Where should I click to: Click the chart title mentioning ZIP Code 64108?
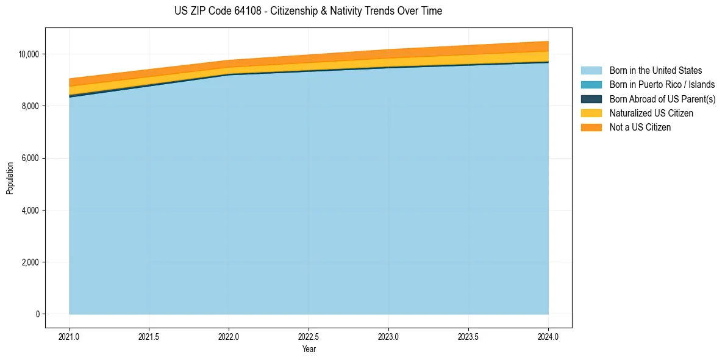click(x=307, y=11)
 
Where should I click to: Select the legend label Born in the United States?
click(x=655, y=71)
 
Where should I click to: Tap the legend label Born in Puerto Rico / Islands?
click(x=662, y=85)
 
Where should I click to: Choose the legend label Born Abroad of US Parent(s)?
click(x=662, y=99)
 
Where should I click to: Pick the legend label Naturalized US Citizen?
click(x=651, y=113)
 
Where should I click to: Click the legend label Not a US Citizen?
click(x=640, y=128)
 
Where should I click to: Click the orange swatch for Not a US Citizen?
click(x=591, y=128)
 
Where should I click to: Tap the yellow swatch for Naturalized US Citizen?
click(x=591, y=113)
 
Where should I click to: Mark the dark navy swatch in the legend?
click(x=591, y=99)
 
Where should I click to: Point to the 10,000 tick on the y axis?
click(x=29, y=54)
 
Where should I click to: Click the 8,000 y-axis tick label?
click(x=30, y=106)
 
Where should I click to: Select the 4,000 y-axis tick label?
click(x=30, y=211)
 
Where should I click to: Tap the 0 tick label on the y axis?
click(x=37, y=314)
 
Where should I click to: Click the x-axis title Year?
click(x=309, y=349)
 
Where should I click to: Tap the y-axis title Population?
click(x=10, y=178)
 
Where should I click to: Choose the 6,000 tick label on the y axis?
click(x=30, y=159)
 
